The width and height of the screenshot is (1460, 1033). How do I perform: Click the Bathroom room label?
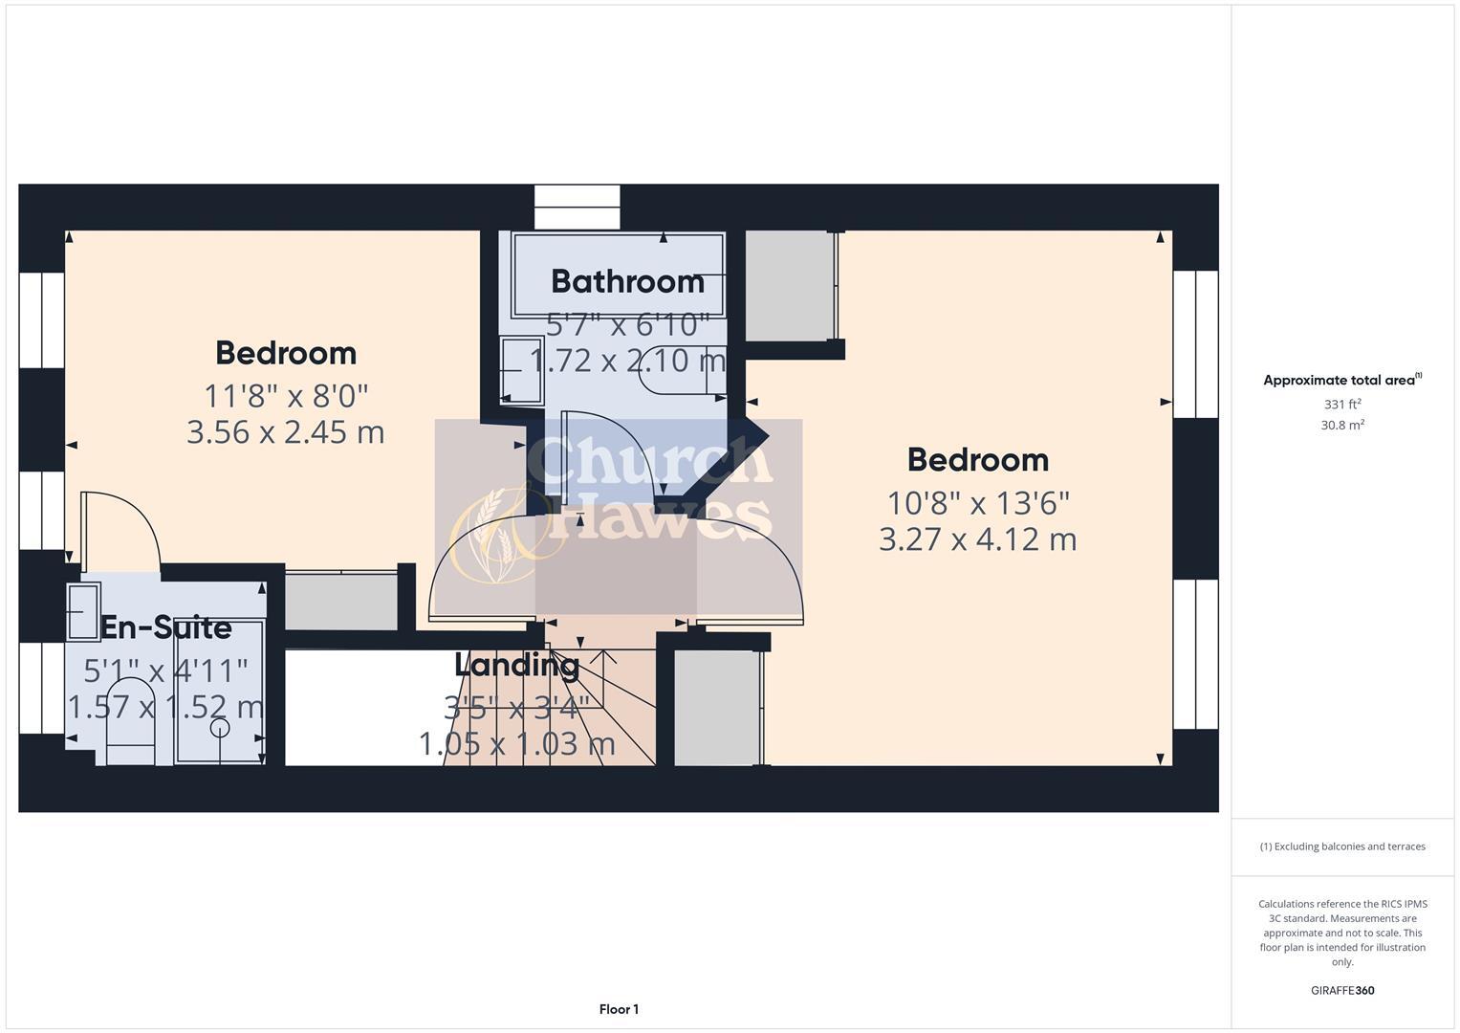pos(627,281)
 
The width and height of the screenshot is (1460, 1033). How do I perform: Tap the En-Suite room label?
pos(166,627)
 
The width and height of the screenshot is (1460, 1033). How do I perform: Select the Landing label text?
pos(516,664)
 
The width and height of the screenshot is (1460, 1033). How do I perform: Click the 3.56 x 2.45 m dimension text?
pos(285,432)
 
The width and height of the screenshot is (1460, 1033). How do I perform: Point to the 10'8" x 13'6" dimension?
pos(977,502)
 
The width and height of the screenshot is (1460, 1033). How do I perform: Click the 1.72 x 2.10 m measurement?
pos(627,361)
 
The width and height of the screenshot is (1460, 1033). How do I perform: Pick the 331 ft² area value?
pos(1341,405)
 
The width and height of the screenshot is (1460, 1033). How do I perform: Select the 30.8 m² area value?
pos(1341,426)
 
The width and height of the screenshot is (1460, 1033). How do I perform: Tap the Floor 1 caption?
pos(619,1009)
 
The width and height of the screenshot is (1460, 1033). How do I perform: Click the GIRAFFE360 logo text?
pos(1341,990)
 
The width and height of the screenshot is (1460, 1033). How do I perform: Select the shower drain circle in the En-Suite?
pos(220,728)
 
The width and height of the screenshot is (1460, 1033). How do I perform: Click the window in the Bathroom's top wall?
pos(577,207)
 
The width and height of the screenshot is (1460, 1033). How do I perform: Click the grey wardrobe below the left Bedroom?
pos(341,602)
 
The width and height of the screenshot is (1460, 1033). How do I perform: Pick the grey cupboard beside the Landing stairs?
pos(717,708)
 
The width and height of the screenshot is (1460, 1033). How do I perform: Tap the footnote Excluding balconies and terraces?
pos(1341,846)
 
